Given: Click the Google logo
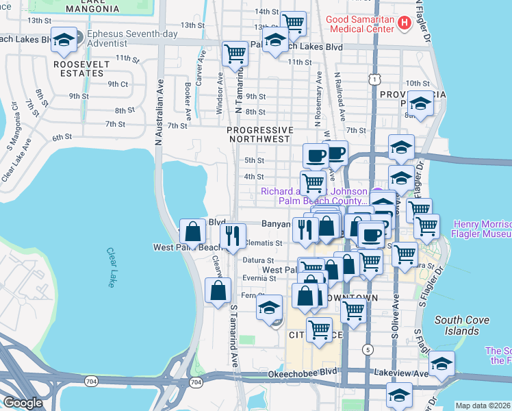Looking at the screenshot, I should pos(23,403).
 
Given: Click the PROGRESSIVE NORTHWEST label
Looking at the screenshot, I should pos(259,134).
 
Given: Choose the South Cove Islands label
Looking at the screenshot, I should pos(457,325).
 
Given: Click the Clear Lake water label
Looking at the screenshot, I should pos(110,267).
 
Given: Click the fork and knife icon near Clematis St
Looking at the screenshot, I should pos(234,236).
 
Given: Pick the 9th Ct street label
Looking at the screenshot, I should pos(118,84).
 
